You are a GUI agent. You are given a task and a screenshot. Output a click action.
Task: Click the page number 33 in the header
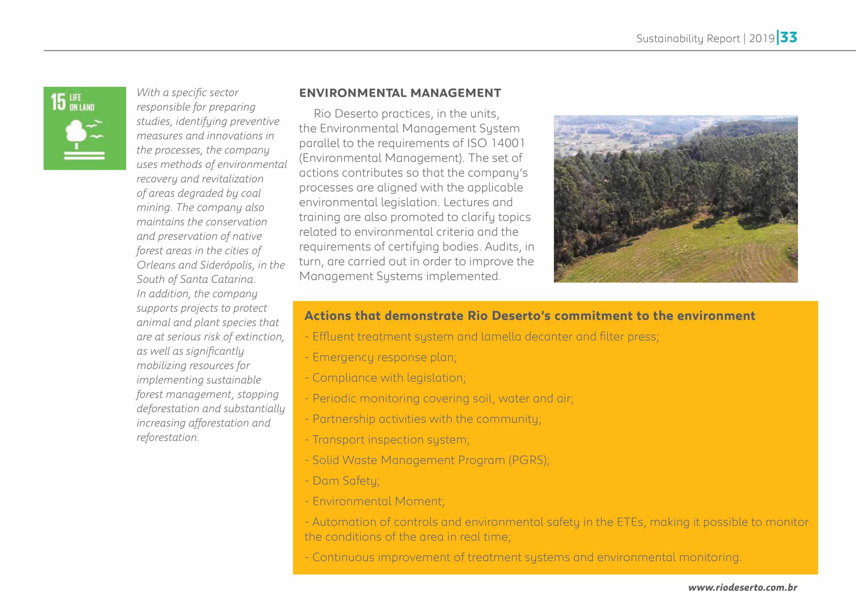pos(789,38)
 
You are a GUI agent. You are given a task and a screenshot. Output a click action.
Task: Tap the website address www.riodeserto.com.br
pos(742,587)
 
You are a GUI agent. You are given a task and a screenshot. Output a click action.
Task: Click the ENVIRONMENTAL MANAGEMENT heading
pos(400,93)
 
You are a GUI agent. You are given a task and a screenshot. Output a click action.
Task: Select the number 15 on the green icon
pos(58,102)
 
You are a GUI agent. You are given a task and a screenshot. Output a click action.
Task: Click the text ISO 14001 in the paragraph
pos(495,143)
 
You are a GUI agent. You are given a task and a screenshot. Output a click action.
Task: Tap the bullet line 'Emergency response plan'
pos(384,357)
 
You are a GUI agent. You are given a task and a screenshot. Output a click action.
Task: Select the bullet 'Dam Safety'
pos(346,481)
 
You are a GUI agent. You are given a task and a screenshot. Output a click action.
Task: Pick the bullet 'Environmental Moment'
pos(378,502)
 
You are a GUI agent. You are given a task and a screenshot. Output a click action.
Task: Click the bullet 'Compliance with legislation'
pos(389,378)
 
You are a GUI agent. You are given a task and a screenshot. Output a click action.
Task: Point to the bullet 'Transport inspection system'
pos(390,440)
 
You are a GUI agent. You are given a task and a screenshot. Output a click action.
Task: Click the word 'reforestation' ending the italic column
pos(167,437)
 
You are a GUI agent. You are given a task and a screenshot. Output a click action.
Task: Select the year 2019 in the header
pos(761,39)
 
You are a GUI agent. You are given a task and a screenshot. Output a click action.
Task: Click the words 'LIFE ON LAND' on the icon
pos(82,102)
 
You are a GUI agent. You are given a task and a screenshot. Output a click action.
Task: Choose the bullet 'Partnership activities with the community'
pos(426,419)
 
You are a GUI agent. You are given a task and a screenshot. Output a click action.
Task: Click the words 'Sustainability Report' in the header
pos(688,39)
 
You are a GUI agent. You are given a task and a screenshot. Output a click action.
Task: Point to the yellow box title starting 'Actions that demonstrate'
pos(529,315)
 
